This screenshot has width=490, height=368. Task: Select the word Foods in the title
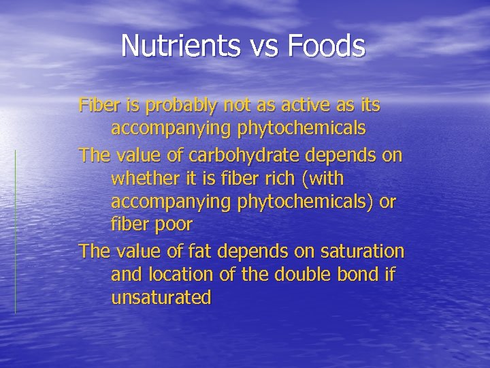point(326,46)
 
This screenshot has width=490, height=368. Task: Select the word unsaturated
point(161,298)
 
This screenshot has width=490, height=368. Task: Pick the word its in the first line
point(368,106)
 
